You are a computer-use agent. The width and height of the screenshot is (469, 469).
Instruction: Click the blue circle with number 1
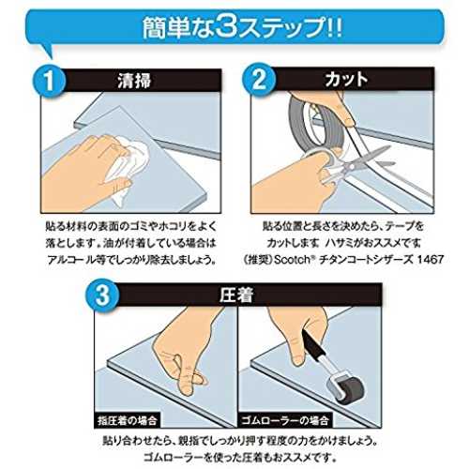(x=50, y=81)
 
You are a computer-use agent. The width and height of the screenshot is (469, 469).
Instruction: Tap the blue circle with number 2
(x=260, y=80)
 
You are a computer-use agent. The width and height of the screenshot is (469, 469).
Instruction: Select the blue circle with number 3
(x=103, y=295)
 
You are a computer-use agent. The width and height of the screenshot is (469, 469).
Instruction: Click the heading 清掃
(x=134, y=81)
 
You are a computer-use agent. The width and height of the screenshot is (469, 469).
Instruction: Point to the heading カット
(x=346, y=79)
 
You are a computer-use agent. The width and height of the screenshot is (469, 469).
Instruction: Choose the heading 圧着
(x=236, y=295)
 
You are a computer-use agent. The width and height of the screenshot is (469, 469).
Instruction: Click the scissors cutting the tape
(x=355, y=166)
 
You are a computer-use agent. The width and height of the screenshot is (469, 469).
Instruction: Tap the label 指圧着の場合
(x=127, y=420)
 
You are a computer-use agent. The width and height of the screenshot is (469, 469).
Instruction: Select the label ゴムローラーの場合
(x=284, y=420)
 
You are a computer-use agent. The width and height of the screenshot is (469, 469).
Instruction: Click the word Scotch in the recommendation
(x=291, y=260)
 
